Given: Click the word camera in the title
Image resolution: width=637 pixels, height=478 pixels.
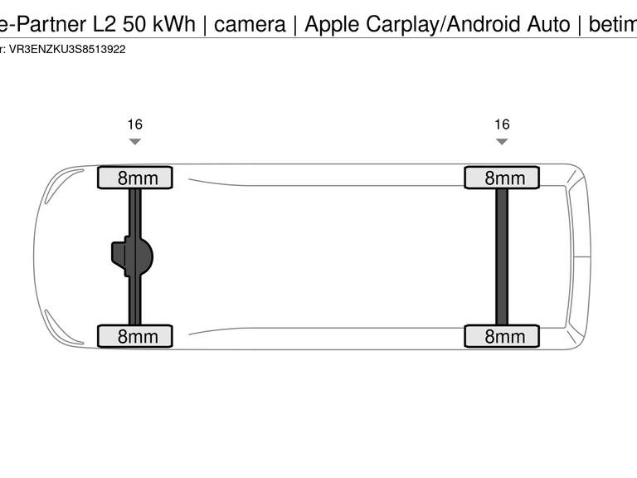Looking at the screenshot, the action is (250, 24).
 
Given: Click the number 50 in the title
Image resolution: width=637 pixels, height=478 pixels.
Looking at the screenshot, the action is (134, 24).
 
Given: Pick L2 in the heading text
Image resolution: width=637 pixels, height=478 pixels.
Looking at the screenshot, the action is (105, 24).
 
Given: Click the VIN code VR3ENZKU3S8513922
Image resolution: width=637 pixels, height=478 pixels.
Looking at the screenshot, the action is (67, 50).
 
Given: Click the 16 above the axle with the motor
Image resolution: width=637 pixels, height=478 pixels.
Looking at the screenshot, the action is (135, 124).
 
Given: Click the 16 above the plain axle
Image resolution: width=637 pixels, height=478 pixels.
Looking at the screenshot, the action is (502, 124).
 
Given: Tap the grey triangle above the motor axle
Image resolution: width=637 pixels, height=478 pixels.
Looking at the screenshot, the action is (135, 141).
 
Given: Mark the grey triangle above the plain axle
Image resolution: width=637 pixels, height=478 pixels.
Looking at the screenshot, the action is (502, 141).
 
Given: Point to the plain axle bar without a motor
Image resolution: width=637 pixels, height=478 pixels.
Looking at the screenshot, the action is (502, 257).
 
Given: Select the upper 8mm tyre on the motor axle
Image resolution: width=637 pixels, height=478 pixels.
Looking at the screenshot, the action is (135, 178).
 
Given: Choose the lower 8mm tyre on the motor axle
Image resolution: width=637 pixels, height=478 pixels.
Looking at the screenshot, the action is (135, 336).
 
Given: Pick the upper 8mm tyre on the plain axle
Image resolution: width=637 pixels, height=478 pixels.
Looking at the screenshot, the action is (502, 178).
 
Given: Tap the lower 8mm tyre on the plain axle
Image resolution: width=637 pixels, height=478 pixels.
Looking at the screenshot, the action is (502, 336).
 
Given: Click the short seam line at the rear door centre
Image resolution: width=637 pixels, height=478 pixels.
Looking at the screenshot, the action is (581, 257).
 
